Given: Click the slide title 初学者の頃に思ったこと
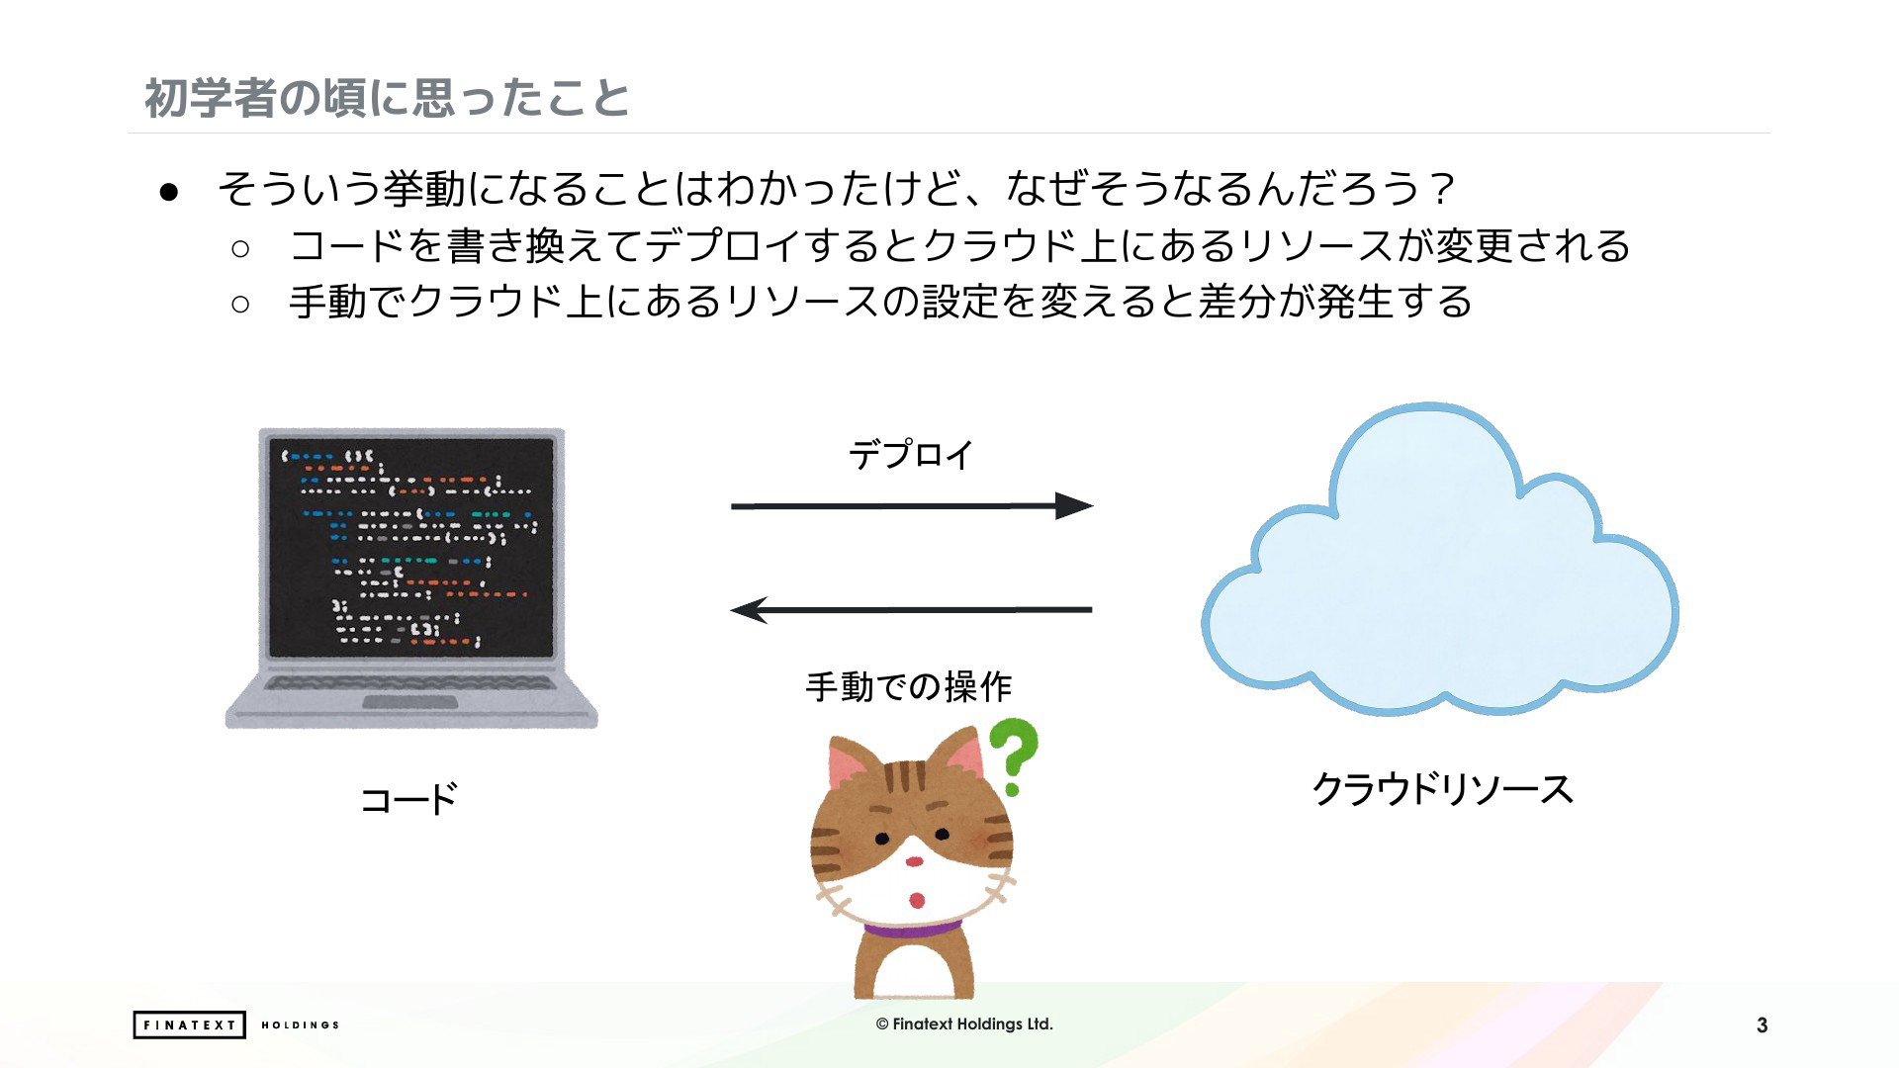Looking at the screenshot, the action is point(387,98).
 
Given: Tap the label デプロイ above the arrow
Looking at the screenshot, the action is point(911,455).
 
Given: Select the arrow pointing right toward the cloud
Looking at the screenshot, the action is point(912,506).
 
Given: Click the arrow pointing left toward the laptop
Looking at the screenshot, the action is point(911,610).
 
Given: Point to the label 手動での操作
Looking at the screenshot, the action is point(909,686).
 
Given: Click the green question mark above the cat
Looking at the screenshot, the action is point(1013,756).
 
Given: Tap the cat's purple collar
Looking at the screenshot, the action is point(912,930).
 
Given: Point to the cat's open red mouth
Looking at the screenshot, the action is point(917,900).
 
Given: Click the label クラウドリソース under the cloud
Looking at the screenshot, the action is point(1442,789).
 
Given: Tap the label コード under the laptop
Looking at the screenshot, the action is point(408,799).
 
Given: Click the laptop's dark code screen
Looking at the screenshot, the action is point(411,547).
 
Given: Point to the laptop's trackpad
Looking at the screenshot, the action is point(410,702).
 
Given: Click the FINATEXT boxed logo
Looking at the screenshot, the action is point(189,1024).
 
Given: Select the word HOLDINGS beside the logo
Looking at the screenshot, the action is point(300,1024).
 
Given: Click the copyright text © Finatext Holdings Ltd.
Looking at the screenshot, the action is point(964,1024).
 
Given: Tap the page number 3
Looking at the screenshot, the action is point(1762,1025).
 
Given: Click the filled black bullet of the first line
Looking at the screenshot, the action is point(168,192).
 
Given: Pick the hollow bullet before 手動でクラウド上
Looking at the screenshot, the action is point(240,304).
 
